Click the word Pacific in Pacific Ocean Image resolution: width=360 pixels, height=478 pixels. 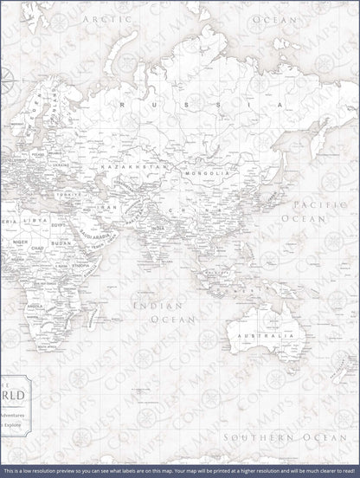pyautogui.click(x=309, y=204)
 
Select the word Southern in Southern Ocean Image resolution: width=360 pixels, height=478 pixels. pyautogui.click(x=250, y=438)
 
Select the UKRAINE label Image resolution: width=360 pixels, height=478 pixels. pyautogui.click(x=60, y=164)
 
